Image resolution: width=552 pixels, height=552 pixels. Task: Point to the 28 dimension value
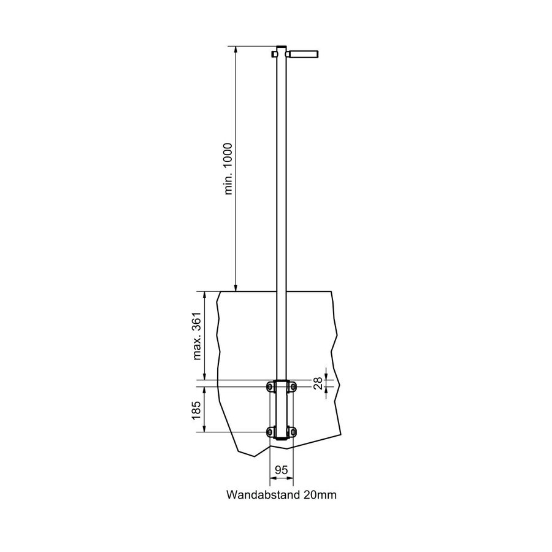pos(318,384)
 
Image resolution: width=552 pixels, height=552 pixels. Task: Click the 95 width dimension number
pos(282,470)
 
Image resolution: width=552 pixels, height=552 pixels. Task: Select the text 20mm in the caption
pos(319,494)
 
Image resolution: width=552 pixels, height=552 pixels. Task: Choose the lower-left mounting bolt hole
pos(270,432)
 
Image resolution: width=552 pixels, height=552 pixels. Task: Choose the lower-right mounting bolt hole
pos(293,432)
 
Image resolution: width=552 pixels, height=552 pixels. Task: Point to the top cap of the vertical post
pos(282,48)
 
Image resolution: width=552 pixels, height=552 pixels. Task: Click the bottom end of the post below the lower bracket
pos(282,439)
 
